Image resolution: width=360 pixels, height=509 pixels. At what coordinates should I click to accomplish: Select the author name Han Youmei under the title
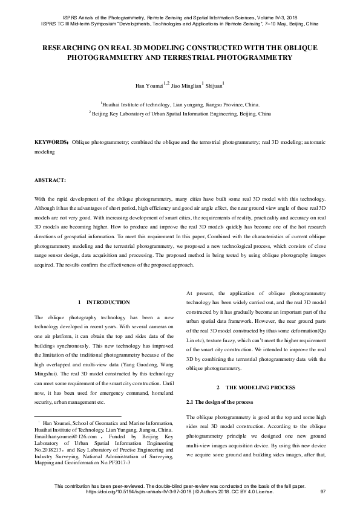pyautogui.click(x=148, y=86)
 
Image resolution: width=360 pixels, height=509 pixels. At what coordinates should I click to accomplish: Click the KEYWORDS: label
pyautogui.click(x=51, y=143)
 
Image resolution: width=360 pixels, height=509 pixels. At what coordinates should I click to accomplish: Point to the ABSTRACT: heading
pyautogui.click(x=50, y=180)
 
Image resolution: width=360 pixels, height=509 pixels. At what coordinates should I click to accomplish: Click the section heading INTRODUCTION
pyautogui.click(x=108, y=302)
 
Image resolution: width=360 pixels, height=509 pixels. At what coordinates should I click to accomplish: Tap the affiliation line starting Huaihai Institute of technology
pyautogui.click(x=180, y=104)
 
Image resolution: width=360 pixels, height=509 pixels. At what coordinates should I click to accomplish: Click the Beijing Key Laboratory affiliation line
pyautogui.click(x=180, y=112)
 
